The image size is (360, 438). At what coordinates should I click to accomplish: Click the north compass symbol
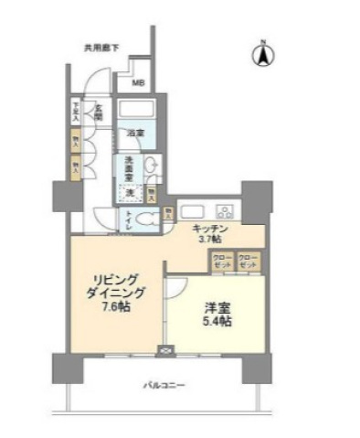(x=261, y=55)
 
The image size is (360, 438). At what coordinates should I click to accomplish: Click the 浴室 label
(x=134, y=135)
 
